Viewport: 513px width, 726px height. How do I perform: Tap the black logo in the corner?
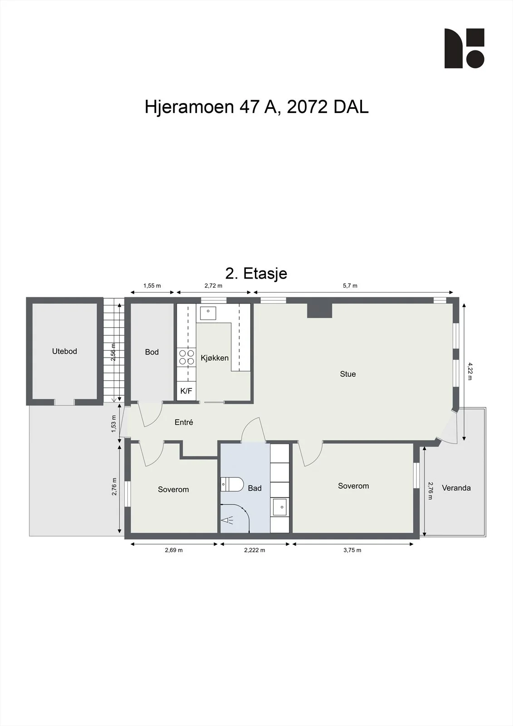464,48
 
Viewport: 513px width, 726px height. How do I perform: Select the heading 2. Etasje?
256,273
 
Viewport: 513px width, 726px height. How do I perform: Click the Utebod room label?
64,351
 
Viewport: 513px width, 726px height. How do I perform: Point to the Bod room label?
151,352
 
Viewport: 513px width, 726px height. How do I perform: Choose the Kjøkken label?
215,358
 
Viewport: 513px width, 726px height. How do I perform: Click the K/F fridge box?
186,391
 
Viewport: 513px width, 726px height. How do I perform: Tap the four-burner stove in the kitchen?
186,357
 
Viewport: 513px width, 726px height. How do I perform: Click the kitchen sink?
208,313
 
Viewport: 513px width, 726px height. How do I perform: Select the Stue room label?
348,374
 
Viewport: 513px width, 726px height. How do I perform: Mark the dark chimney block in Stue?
319,310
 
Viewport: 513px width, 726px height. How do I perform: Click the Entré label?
184,422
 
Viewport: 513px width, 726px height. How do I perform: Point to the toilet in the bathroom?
232,484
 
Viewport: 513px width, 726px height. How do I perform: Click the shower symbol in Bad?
227,520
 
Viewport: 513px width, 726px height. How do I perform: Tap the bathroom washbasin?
279,507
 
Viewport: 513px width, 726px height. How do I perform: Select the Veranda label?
456,488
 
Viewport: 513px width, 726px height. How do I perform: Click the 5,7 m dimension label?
350,286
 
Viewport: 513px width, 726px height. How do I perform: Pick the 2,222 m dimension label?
255,550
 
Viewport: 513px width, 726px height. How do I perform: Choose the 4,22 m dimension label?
470,372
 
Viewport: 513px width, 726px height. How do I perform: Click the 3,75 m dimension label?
352,550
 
